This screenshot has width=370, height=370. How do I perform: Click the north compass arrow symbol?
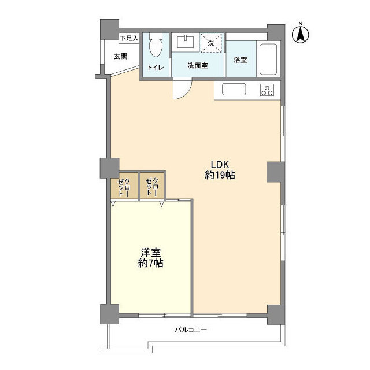click(x=301, y=35)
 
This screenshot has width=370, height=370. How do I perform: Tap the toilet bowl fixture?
click(x=156, y=45)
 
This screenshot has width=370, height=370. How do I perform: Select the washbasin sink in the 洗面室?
click(x=186, y=42)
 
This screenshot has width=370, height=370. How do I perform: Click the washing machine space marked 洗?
click(x=211, y=43)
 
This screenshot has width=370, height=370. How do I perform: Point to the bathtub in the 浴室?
click(x=268, y=59)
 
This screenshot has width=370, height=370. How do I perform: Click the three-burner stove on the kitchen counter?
click(x=267, y=90)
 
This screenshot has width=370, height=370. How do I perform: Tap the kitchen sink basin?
click(x=234, y=90)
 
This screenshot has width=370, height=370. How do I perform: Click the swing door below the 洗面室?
click(x=182, y=88)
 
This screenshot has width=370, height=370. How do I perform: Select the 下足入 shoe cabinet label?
click(x=129, y=38)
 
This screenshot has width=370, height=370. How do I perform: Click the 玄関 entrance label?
click(x=121, y=56)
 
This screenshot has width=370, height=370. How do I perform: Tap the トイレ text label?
click(x=156, y=68)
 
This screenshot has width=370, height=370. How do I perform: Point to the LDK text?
click(x=220, y=164)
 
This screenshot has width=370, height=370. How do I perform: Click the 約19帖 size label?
click(x=220, y=175)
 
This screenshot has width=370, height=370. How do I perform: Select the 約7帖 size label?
click(x=150, y=263)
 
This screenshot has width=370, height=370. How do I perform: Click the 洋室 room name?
click(x=150, y=253)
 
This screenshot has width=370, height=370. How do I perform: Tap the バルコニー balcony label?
click(x=191, y=330)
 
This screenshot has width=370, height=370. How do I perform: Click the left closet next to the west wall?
click(x=124, y=186)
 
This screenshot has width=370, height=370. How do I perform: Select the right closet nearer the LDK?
click(x=152, y=186)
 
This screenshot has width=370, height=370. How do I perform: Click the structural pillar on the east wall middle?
click(x=276, y=172)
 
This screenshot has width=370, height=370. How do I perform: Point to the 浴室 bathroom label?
click(x=240, y=60)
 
